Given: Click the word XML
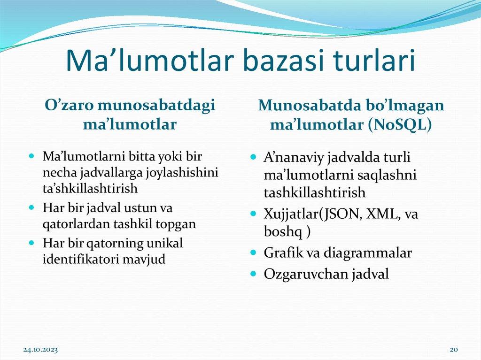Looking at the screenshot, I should click(380, 214).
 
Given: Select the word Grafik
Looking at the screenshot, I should click(282, 253).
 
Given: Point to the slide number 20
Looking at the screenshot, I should click(453, 350).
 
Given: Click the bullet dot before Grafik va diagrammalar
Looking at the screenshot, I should click(253, 253).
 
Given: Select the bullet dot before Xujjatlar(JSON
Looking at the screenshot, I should click(253, 214).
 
